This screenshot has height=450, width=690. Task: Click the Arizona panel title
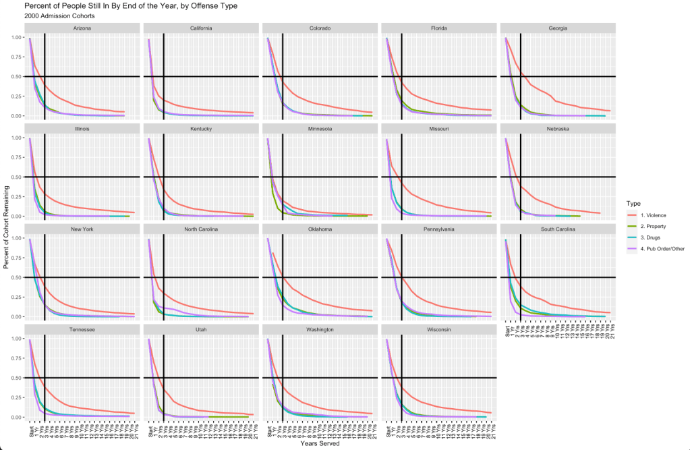click(x=82, y=28)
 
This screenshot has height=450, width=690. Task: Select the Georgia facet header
click(x=558, y=28)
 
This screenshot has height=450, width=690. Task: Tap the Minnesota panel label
click(x=320, y=129)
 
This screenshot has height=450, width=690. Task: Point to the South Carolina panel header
click(x=558, y=229)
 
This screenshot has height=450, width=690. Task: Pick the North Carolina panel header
click(x=201, y=229)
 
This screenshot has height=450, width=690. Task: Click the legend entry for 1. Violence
click(x=650, y=215)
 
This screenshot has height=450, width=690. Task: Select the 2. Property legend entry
click(x=650, y=227)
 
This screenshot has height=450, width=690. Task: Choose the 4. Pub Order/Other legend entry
click(x=658, y=250)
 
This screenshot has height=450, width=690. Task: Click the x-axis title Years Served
click(x=320, y=444)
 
